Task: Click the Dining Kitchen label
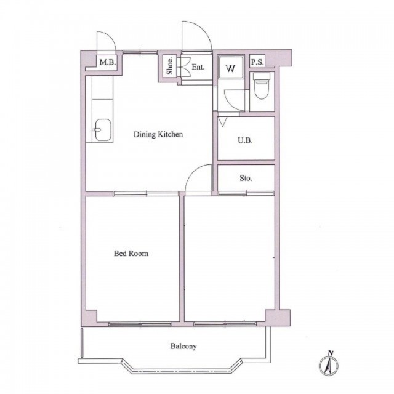(158, 134)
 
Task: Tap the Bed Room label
(131, 253)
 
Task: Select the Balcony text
(183, 346)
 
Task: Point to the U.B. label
(245, 140)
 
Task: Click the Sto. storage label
(246, 178)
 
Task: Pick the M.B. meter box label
(108, 62)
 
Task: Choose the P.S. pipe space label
(257, 62)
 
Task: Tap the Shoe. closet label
(170, 66)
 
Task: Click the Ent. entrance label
(198, 67)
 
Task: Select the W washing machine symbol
(230, 68)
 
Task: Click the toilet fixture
(262, 86)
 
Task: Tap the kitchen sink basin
(103, 130)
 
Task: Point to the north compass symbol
(328, 363)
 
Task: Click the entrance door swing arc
(204, 30)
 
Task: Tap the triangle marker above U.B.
(222, 122)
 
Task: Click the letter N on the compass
(331, 353)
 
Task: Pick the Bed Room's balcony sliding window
(140, 324)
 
